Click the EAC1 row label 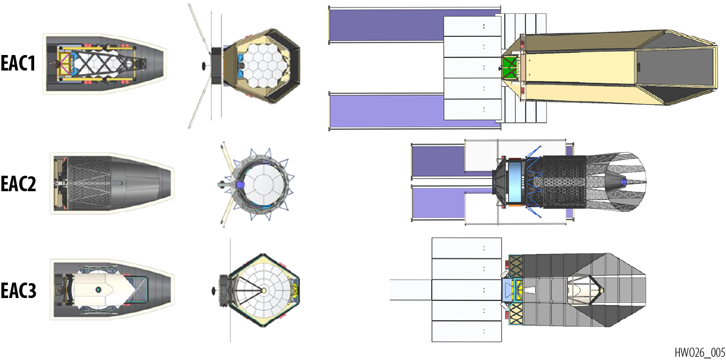(x=18, y=63)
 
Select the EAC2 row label (x=18, y=184)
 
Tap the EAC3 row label (x=18, y=290)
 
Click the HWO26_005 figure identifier (x=700, y=352)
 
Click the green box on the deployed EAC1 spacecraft (x=509, y=67)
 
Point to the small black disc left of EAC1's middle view (x=204, y=66)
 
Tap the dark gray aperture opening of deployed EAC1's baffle (x=676, y=67)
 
